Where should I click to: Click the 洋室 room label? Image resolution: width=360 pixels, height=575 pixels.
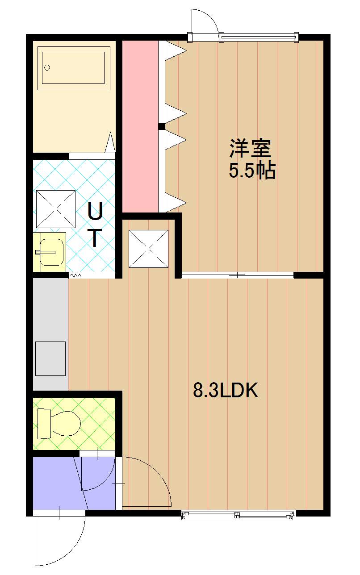(x=251, y=148)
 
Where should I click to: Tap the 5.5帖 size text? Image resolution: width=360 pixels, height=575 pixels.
(x=252, y=170)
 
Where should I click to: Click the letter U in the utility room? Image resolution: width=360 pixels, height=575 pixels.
(x=95, y=211)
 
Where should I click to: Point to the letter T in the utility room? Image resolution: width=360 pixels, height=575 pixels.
(x=95, y=238)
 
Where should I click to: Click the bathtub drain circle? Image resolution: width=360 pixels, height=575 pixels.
(x=47, y=68)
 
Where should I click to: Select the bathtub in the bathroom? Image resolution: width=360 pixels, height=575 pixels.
(x=74, y=68)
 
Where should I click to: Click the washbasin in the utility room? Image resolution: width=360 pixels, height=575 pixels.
(x=51, y=252)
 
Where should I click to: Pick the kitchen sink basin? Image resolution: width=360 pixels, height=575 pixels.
(x=50, y=358)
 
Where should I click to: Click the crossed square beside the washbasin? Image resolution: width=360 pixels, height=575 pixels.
(x=56, y=209)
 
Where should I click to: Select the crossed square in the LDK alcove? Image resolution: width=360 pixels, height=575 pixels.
(x=148, y=249)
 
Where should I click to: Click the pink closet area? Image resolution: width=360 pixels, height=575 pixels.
(x=140, y=126)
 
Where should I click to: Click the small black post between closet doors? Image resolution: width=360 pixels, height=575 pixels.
(x=162, y=126)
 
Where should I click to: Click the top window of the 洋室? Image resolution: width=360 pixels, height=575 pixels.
(x=260, y=37)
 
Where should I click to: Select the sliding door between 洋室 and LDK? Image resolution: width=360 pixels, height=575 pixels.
(x=238, y=275)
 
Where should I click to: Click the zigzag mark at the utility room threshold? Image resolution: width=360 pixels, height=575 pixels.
(x=76, y=275)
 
